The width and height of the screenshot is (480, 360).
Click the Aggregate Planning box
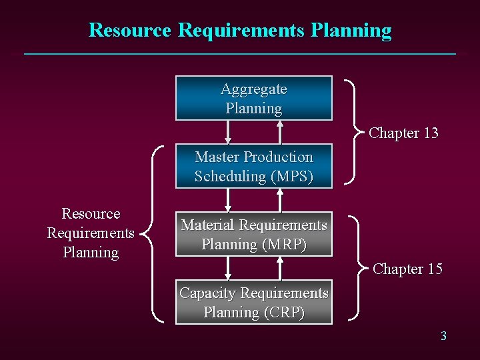253,98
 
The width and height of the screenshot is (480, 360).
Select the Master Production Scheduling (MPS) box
253,166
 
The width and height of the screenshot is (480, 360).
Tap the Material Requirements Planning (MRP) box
253,235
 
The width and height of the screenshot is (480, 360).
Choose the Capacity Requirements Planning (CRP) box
253,302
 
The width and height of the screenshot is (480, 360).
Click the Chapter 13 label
403,133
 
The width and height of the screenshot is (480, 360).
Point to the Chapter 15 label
407,269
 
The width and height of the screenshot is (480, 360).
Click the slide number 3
443,336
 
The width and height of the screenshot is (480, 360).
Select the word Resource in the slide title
130,30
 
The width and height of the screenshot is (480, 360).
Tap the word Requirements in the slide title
242,30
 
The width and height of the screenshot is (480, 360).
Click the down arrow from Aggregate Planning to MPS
228,132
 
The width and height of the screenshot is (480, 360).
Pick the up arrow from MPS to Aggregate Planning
281,132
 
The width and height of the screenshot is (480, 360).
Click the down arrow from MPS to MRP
228,200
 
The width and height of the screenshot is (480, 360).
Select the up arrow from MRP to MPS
281,200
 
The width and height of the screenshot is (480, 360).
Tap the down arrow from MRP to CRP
228,268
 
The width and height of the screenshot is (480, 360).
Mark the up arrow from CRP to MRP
281,268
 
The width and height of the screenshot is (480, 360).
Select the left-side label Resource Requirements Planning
91,233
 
